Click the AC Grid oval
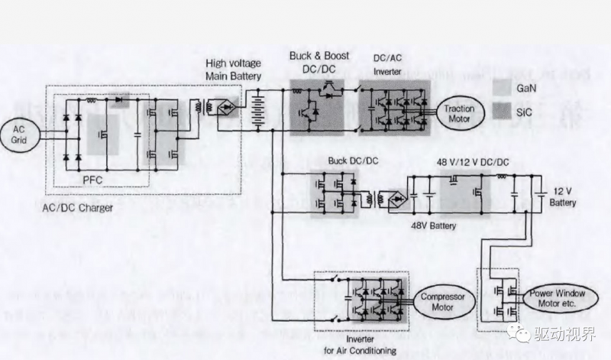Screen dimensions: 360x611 tap(19, 135)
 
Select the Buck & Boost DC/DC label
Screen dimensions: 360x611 tap(320, 61)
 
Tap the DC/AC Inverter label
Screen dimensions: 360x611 tap(387, 66)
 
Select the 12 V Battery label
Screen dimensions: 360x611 tap(563, 197)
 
